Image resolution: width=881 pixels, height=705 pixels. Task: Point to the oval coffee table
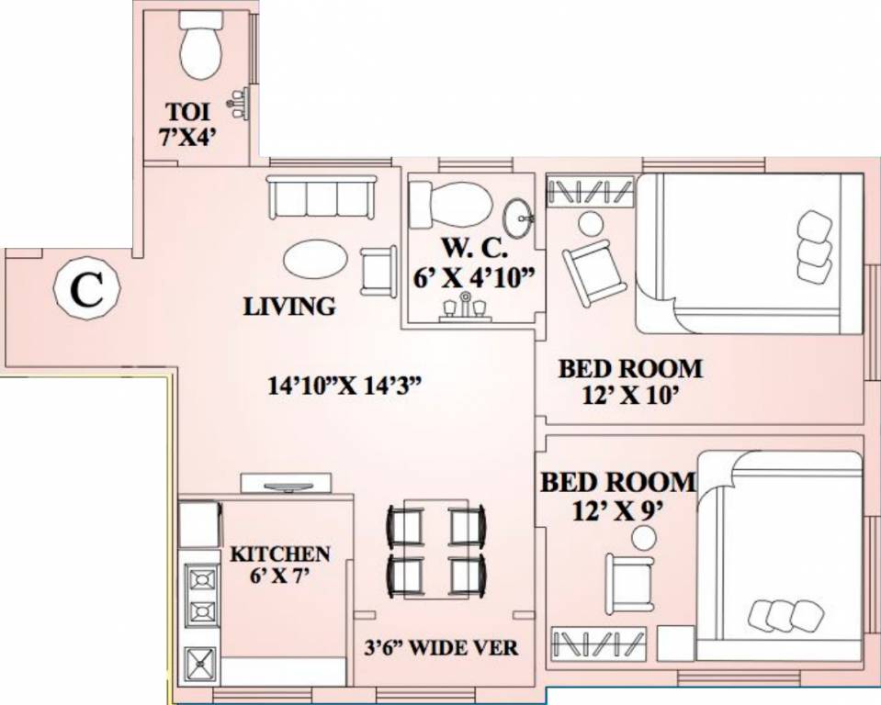(315, 260)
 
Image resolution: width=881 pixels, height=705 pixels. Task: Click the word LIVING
(288, 307)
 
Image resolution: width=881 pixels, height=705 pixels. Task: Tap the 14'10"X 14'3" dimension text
(344, 387)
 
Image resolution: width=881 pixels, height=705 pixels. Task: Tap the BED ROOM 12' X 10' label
(630, 381)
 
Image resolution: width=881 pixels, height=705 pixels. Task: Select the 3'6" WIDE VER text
(439, 648)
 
